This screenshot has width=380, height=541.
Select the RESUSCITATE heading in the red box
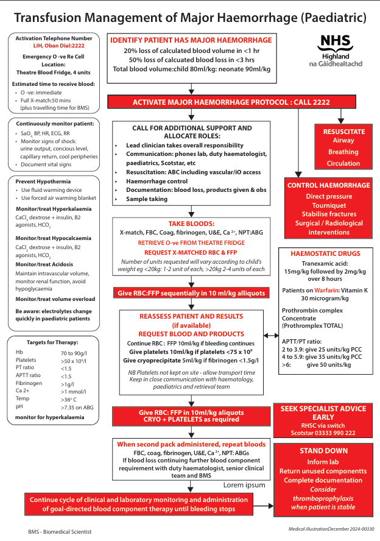[x=344, y=131]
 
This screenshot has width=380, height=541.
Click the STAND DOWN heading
[x=323, y=451]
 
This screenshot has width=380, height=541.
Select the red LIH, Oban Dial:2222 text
[x=54, y=46]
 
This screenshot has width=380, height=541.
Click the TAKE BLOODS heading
[x=191, y=224]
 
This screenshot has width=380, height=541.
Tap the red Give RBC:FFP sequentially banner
[x=191, y=294]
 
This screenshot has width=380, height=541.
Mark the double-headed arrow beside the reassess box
[x=271, y=336]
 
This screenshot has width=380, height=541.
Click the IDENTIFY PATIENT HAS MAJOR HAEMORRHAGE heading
[x=191, y=40]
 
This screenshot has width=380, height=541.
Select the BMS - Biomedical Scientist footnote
[x=60, y=531]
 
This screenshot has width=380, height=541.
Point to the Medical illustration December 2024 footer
[x=331, y=529]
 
